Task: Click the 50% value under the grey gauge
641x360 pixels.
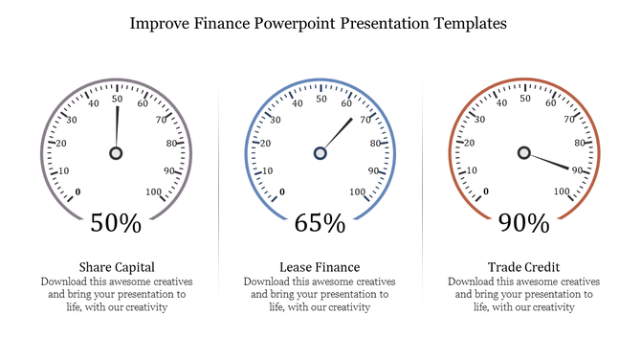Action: click(x=116, y=223)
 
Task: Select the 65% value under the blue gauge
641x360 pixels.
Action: click(x=320, y=223)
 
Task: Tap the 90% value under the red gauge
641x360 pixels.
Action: click(x=523, y=223)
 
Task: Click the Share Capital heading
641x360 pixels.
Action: click(x=116, y=266)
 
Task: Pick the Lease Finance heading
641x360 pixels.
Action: click(x=320, y=266)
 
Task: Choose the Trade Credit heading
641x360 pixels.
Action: click(x=523, y=266)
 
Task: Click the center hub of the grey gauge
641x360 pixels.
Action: click(x=117, y=153)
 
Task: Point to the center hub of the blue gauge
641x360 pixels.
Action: click(x=320, y=153)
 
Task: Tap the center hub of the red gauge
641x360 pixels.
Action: click(x=523, y=153)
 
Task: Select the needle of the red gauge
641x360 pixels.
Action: click(x=550, y=162)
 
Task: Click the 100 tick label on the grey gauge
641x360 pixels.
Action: click(x=154, y=192)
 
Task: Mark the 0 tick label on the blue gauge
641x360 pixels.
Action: click(x=281, y=192)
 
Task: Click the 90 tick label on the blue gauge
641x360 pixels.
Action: click(x=375, y=170)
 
